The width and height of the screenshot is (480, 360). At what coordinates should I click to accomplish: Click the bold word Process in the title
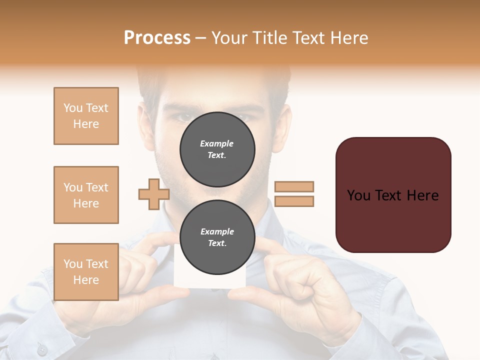tap(157, 38)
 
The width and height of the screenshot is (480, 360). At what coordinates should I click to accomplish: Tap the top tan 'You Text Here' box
tap(86, 116)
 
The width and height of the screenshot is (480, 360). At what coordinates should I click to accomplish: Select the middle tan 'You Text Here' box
tap(86, 195)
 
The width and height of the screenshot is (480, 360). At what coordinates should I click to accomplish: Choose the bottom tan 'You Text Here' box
tap(86, 272)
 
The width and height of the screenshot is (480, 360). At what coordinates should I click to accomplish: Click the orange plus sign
tap(154, 194)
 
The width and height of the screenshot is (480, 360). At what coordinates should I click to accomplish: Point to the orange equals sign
tap(294, 194)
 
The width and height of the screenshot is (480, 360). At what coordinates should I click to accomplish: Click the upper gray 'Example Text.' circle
tap(217, 149)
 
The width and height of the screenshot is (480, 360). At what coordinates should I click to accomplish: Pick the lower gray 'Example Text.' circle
tap(217, 237)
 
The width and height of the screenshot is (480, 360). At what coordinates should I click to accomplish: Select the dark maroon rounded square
tap(393, 195)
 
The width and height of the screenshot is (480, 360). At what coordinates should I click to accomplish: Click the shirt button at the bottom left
tap(42, 349)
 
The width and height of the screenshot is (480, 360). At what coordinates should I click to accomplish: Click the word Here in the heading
tap(348, 38)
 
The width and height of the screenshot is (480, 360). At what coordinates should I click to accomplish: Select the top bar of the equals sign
tap(294, 186)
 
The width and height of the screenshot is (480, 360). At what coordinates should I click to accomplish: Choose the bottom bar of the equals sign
tap(294, 201)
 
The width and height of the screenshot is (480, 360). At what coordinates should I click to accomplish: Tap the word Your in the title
tap(229, 38)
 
